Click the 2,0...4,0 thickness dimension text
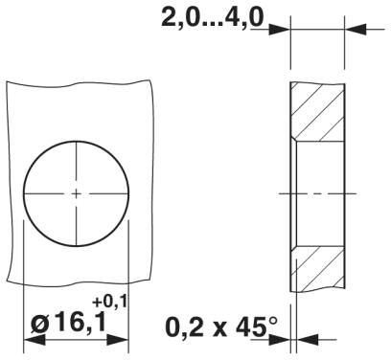click(x=213, y=18)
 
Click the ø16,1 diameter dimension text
click(x=68, y=323)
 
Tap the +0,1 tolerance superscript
click(x=109, y=302)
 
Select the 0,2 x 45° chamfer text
click(x=221, y=326)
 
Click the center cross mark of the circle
click(x=77, y=193)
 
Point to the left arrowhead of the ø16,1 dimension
click(x=34, y=340)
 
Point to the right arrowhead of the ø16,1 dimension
click(x=118, y=340)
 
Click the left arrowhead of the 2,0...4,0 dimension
click(x=280, y=30)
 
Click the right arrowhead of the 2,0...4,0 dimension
click(x=356, y=30)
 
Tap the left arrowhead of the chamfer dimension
click(x=280, y=340)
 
